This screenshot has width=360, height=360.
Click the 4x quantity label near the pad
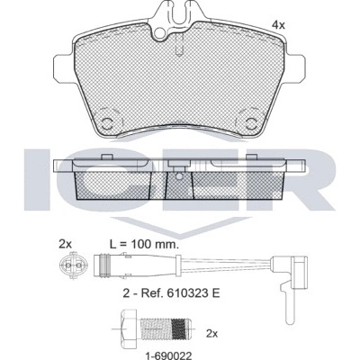pos(278,25)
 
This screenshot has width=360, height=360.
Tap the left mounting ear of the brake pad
pos(64,67)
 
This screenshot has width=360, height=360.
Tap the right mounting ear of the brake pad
pos(296,67)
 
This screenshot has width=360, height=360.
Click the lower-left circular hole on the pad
pos(106,122)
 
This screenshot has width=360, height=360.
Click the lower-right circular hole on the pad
pos(251,122)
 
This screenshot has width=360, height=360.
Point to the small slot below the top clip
pos(179,44)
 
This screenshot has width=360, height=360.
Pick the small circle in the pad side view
pos(178,176)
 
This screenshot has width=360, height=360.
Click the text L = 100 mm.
pos(144,245)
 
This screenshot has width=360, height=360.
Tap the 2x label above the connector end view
pos(65,245)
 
